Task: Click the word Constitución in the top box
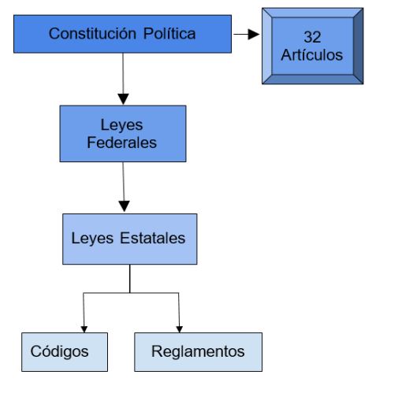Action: pyautogui.click(x=92, y=34)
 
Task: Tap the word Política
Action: pyautogui.click(x=169, y=34)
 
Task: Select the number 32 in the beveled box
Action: pyautogui.click(x=312, y=37)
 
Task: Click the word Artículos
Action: pyautogui.click(x=312, y=55)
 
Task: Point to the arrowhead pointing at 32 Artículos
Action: pyautogui.click(x=254, y=34)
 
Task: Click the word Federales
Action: pyautogui.click(x=121, y=143)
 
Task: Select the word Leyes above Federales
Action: pyautogui.click(x=121, y=125)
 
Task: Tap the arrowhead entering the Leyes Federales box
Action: pyautogui.click(x=123, y=99)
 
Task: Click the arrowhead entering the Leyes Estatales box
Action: pyautogui.click(x=125, y=206)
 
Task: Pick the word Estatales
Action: pyautogui.click(x=153, y=238)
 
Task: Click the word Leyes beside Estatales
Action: pyautogui.click(x=92, y=239)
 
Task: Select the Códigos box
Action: pyautogui.click(x=65, y=352)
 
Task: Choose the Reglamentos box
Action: pyautogui.click(x=199, y=352)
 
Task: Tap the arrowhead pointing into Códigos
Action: pyautogui.click(x=84, y=329)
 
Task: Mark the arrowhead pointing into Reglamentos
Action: pyautogui.click(x=180, y=329)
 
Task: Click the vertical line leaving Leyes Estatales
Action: pyautogui.click(x=130, y=279)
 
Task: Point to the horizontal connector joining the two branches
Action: pyautogui.click(x=131, y=293)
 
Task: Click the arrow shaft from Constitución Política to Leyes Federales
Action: pyautogui.click(x=123, y=73)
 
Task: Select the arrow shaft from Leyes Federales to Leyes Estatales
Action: pyautogui.click(x=124, y=181)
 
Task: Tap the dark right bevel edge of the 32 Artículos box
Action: pyautogui.click(x=359, y=46)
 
